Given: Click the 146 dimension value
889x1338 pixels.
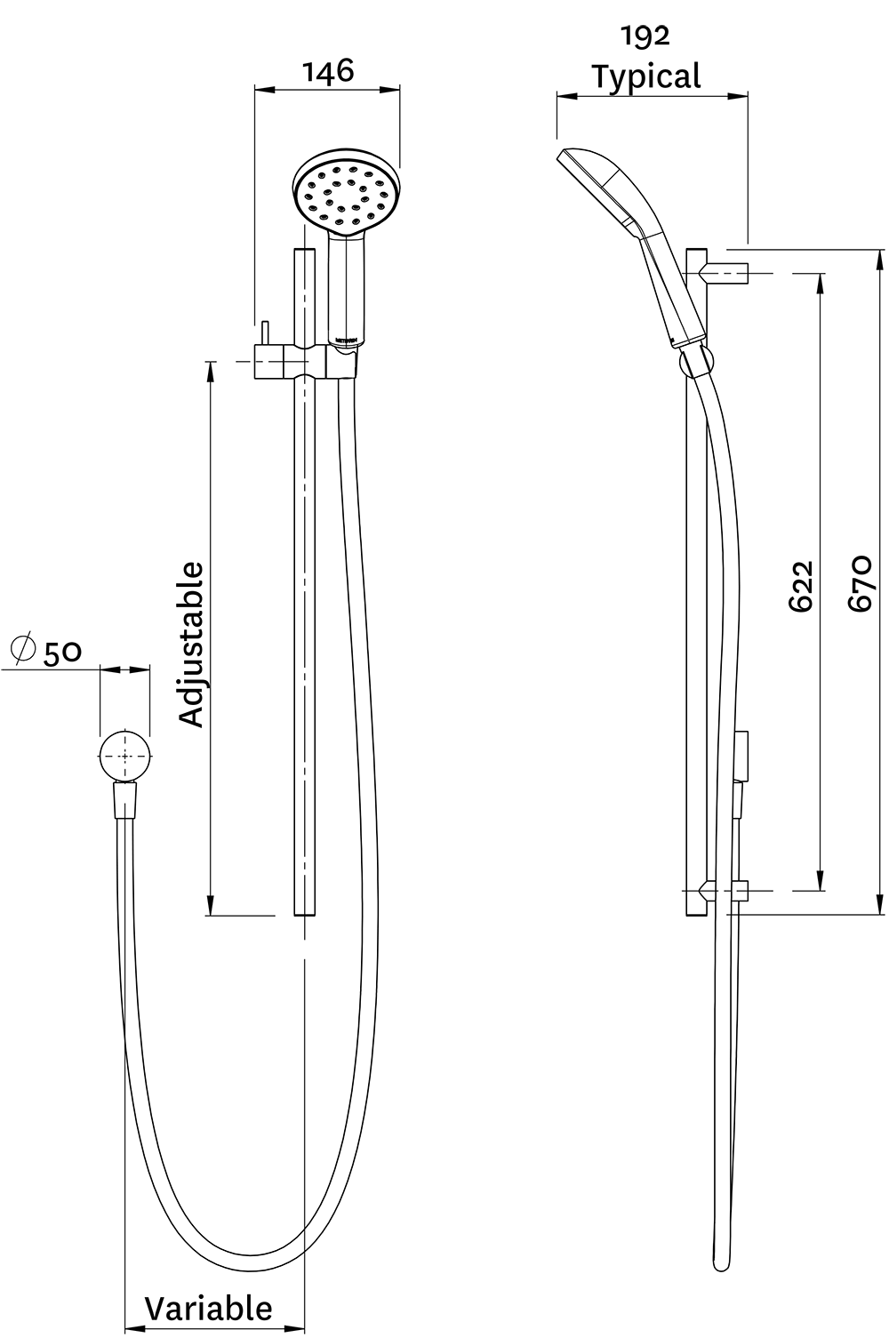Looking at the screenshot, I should tap(328, 71).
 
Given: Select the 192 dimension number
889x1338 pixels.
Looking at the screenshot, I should tap(646, 36).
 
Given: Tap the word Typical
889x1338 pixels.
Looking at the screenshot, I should tap(646, 77).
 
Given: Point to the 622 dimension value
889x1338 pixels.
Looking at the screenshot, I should tap(801, 585).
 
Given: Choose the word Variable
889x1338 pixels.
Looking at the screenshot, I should tap(208, 1308).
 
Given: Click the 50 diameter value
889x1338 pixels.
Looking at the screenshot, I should tap(62, 653).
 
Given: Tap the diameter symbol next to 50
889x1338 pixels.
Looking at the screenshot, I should tap(23, 649).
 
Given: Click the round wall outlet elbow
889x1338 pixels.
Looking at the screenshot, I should tap(125, 756).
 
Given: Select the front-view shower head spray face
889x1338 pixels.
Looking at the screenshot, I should tap(345, 194).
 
